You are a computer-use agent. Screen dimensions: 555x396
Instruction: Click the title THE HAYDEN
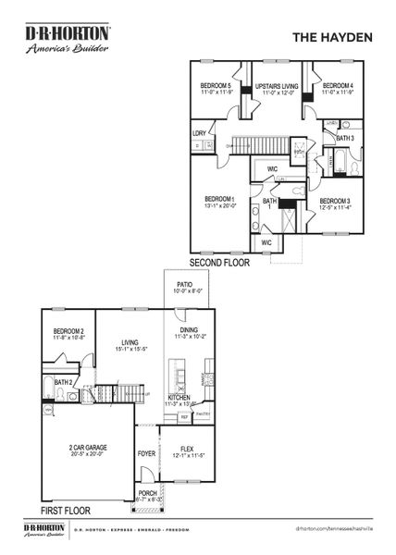tap(332, 38)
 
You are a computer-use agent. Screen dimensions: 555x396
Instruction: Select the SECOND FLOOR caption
tap(222, 262)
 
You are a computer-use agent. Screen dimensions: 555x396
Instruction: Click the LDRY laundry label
tap(199, 133)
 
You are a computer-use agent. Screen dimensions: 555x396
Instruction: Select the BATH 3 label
tap(344, 138)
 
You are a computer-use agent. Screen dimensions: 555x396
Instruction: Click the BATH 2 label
tap(63, 381)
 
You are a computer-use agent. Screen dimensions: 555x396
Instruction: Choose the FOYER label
tap(146, 453)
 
